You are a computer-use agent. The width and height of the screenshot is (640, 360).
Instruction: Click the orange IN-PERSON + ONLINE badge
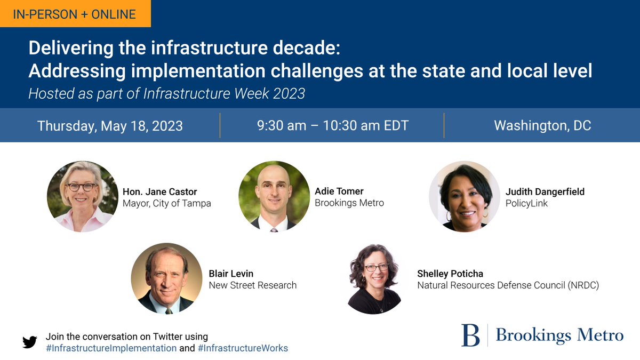pos(75,13)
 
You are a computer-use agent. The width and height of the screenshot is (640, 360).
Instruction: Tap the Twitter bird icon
pos(30,342)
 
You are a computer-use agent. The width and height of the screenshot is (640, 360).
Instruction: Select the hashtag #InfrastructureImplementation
pos(111,348)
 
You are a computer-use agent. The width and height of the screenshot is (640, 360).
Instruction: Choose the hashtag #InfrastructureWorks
pos(243,348)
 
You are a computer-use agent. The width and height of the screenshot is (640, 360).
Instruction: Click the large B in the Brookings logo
pos(470,335)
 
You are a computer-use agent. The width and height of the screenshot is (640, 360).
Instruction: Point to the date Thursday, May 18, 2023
pos(110,126)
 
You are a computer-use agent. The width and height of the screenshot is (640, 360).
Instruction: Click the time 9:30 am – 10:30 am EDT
pos(333,126)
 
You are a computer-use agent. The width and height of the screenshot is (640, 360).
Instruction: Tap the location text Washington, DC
pos(542,126)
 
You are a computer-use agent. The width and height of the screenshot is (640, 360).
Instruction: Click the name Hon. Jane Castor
pos(159,191)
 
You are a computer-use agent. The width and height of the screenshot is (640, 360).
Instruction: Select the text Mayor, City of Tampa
pos(166,203)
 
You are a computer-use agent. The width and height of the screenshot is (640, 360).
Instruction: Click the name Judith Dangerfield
pos(545,191)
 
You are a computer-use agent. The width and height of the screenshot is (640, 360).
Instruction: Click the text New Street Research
pos(252,285)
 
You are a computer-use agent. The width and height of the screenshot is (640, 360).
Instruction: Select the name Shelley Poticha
pos(450,274)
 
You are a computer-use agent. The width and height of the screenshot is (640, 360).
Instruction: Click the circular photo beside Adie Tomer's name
pos(274,196)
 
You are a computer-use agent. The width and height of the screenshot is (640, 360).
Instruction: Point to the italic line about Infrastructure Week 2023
pos(166,94)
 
